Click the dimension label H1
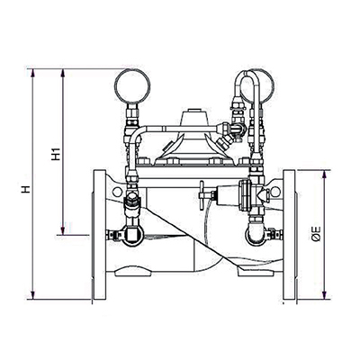pos(56,154)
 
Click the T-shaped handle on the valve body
pos(203,193)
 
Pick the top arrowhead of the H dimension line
pos(33,70)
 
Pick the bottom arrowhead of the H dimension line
pos(33,297)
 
